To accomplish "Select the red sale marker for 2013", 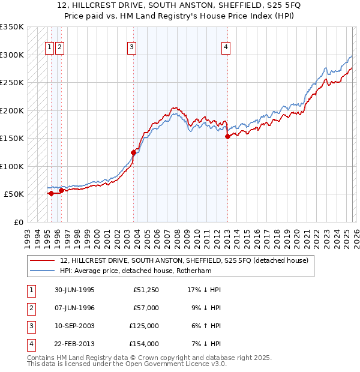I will [x=227, y=137].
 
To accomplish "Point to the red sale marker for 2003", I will [x=133, y=152].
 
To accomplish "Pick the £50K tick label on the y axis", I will [x=14, y=194].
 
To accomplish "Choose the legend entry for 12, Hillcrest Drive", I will [x=184, y=260].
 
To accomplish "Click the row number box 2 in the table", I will [x=30, y=308].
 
